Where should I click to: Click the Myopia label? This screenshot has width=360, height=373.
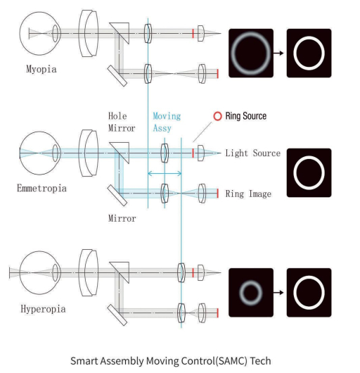click(41, 69)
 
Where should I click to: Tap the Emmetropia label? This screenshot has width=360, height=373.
click(41, 189)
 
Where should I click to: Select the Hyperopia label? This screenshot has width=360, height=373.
click(43, 309)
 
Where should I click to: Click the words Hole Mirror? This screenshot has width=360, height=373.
click(122, 122)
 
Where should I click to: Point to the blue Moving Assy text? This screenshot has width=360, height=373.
click(167, 122)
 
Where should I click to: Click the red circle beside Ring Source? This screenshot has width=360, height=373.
click(217, 116)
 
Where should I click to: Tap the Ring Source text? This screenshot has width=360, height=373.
click(245, 116)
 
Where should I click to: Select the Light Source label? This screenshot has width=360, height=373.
click(253, 153)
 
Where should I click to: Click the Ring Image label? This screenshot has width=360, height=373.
click(248, 194)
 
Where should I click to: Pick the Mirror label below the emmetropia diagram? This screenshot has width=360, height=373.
click(122, 218)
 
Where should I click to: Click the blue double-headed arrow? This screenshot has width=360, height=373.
click(165, 173)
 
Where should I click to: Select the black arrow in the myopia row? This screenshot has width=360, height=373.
click(278, 53)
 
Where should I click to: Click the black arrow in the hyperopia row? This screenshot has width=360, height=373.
click(278, 292)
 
